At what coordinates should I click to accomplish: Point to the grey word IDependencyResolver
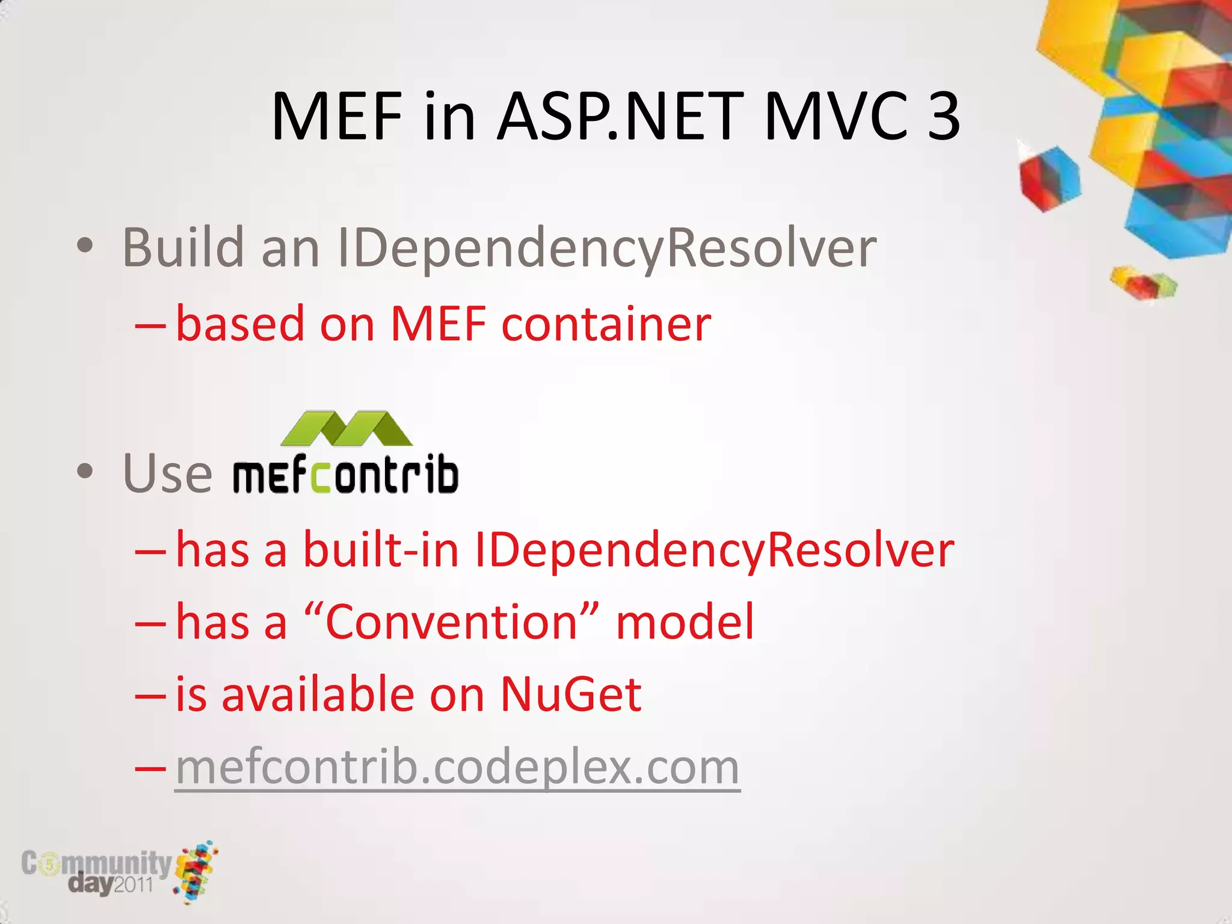coord(606,248)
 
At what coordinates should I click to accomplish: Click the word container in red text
coord(606,324)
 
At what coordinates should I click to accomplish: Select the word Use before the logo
coord(167,473)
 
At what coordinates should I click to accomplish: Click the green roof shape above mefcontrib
coord(346,428)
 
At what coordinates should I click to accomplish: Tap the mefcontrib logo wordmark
coord(346,475)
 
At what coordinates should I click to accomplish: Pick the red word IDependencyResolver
coord(714,550)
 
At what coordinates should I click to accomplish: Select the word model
coord(685,622)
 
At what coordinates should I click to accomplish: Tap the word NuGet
coord(570,694)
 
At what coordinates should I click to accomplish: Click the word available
coord(318,694)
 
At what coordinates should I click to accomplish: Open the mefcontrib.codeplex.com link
coord(457,767)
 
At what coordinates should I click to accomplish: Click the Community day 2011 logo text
coord(96,871)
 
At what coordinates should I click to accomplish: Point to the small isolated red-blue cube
coord(1049,177)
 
